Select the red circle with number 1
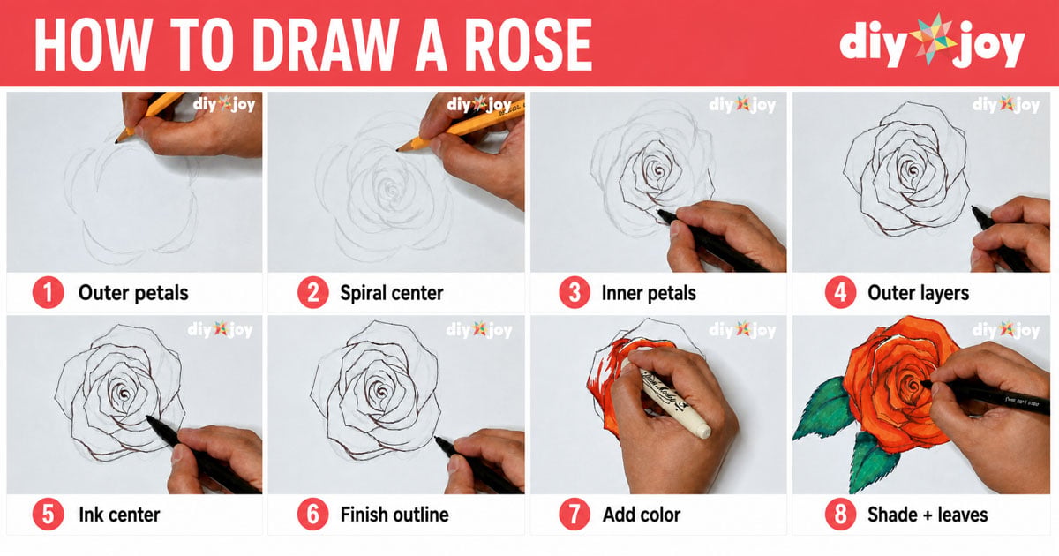pos(48,293)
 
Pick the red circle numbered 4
pos(840,293)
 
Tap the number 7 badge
pos(575,514)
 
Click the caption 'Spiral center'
pos(392,293)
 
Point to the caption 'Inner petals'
pos(649,293)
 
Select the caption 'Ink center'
pos(119,515)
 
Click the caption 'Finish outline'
pos(394,515)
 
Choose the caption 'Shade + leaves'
pos(928,515)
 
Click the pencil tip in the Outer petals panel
pos(116,141)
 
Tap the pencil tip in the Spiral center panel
pos(398,149)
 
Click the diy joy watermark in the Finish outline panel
pos(479,329)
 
